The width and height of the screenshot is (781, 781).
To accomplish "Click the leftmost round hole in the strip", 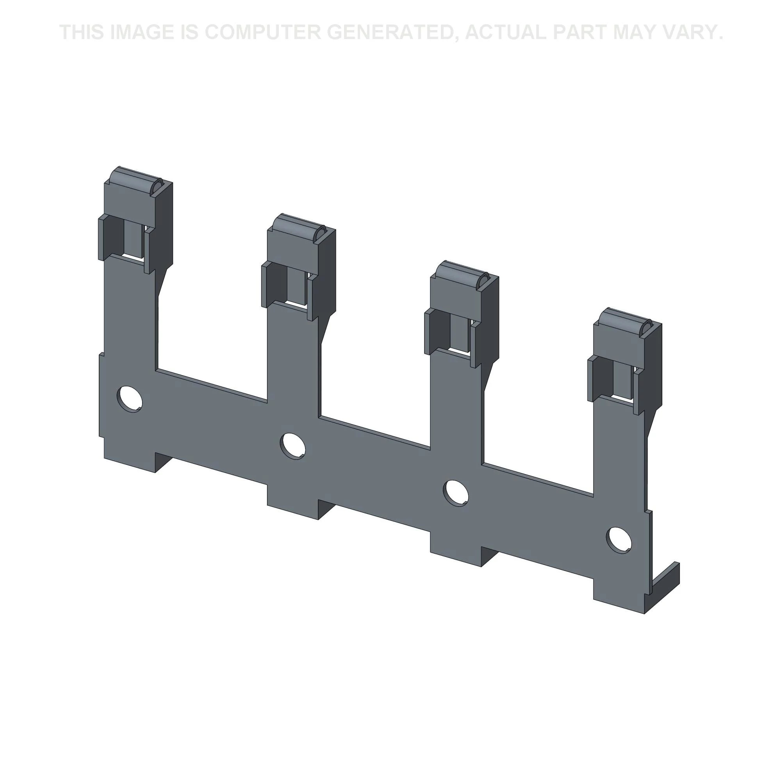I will pos(129,399).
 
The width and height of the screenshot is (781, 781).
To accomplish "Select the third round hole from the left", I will pos(456,492).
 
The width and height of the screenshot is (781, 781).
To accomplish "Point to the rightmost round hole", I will pos(619,540).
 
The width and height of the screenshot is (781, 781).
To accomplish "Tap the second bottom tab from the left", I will pos(292,505).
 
